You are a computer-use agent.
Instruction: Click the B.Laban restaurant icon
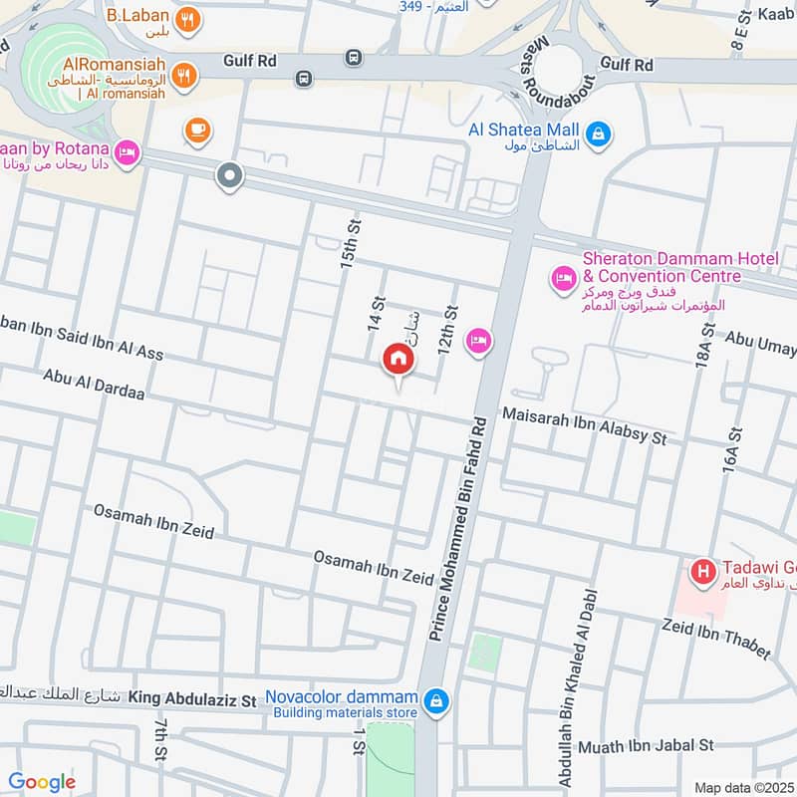click(x=185, y=19)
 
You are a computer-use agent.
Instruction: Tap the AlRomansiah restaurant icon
click(x=182, y=74)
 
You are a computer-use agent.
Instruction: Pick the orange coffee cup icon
click(x=196, y=129)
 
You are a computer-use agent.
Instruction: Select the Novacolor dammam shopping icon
click(x=435, y=702)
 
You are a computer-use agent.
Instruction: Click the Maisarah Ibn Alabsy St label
click(x=584, y=422)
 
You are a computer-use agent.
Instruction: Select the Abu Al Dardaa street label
click(x=95, y=386)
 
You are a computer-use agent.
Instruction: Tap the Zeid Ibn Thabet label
click(x=716, y=637)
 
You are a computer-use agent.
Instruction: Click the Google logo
click(x=42, y=782)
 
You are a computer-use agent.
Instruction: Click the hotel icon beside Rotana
click(x=128, y=152)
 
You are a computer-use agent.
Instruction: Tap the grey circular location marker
click(x=230, y=176)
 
